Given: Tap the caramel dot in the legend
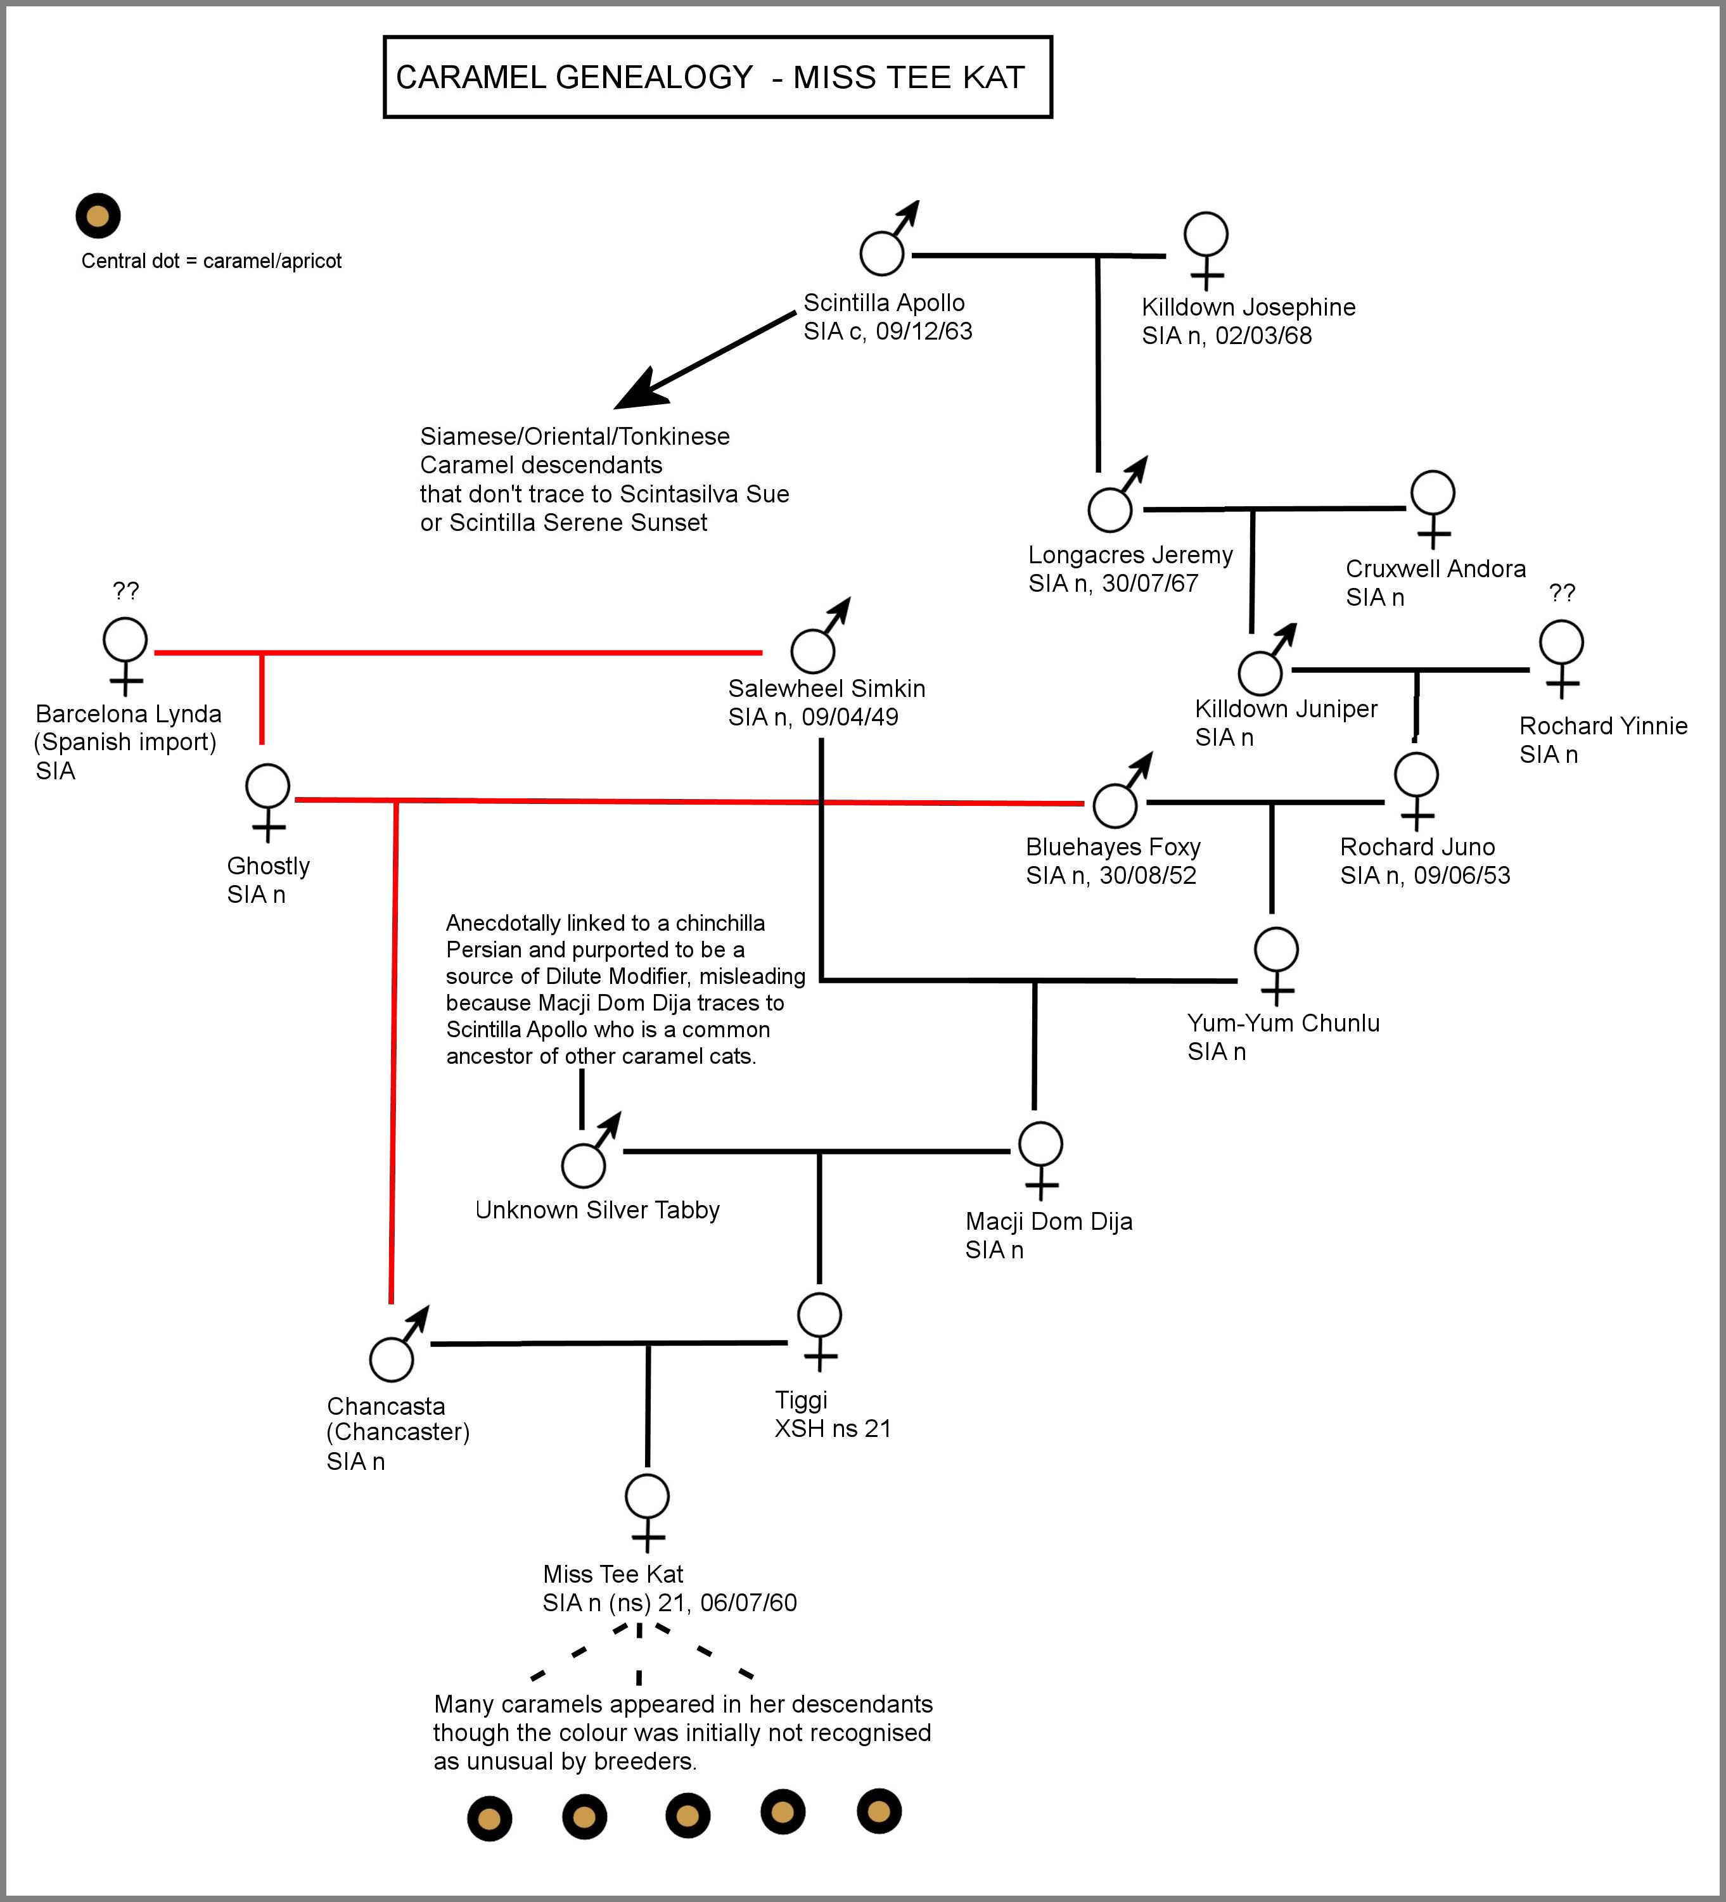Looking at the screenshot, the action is pyautogui.click(x=98, y=216).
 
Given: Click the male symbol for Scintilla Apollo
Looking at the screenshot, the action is pyautogui.click(x=883, y=252).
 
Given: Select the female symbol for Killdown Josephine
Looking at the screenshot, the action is pyautogui.click(x=1206, y=233).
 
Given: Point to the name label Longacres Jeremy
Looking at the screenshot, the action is pyautogui.click(x=1130, y=555).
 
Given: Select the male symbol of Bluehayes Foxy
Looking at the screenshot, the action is pyautogui.click(x=1115, y=805).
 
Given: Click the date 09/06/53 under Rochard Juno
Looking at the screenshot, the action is pyautogui.click(x=1462, y=876).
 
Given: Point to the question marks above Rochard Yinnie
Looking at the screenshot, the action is pyautogui.click(x=1562, y=592).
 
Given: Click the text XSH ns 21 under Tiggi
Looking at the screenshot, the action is pyautogui.click(x=833, y=1428).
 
